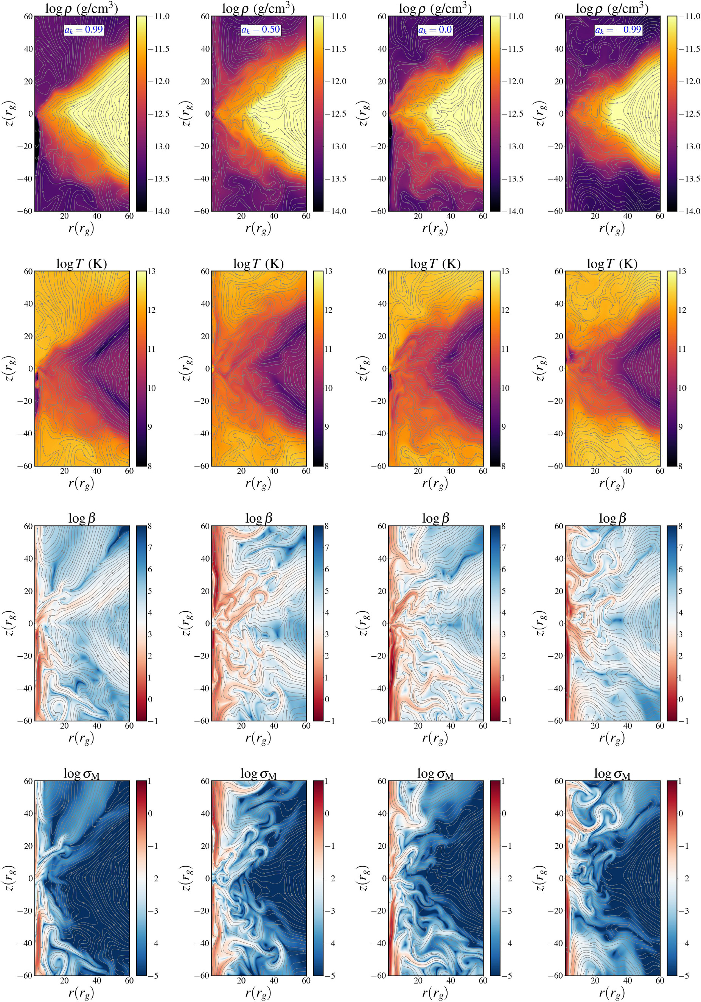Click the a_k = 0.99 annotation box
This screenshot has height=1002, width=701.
(x=84, y=30)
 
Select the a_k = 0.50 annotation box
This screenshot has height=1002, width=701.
(x=261, y=30)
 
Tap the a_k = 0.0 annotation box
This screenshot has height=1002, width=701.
(x=435, y=30)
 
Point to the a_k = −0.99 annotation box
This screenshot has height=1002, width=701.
(x=618, y=30)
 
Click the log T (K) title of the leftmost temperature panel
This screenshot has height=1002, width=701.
(x=81, y=264)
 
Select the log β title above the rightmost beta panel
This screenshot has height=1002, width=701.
(x=612, y=518)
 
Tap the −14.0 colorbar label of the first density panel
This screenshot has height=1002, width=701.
(x=159, y=211)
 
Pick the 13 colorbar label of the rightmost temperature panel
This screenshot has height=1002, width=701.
(x=682, y=272)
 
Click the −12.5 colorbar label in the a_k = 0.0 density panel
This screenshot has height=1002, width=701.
(x=513, y=114)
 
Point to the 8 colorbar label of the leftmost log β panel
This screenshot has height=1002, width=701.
(x=149, y=526)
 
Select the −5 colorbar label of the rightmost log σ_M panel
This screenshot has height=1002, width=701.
(x=684, y=976)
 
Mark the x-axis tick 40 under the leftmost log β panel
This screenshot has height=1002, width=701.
(x=97, y=725)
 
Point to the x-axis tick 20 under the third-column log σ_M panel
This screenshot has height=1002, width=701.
(x=418, y=980)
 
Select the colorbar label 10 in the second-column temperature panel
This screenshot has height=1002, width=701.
(x=328, y=389)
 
